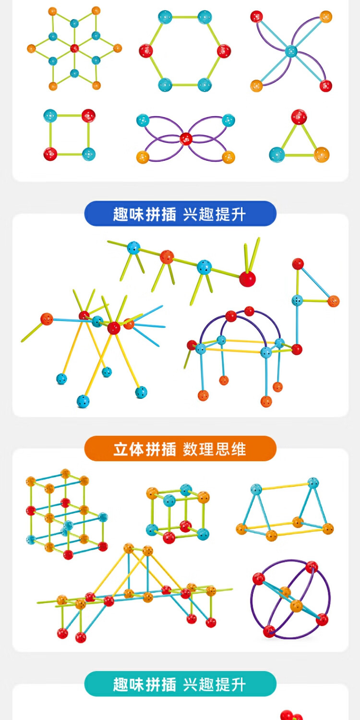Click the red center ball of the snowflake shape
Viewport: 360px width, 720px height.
74,48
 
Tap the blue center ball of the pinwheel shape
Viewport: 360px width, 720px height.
291,50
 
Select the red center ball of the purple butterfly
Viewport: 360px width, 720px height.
186,139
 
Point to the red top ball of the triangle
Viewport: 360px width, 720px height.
299,117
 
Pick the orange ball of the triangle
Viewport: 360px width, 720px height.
322,155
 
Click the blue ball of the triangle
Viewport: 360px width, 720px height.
276,155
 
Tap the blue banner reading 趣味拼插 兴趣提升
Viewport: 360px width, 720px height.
180,214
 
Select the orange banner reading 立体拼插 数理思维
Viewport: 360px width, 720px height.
180,449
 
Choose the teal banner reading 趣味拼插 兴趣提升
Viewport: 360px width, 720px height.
180,684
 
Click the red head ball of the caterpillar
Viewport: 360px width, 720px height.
248,278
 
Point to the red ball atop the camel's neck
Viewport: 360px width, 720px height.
298,264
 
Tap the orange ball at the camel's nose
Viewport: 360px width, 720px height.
333,301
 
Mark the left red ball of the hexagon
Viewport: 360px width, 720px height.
146,50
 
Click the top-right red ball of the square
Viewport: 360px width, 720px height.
88,115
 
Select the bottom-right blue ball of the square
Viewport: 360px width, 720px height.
88,154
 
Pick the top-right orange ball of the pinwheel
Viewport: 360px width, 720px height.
326,16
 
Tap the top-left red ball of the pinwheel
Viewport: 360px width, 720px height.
256,16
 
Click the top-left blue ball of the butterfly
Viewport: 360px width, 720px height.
143,120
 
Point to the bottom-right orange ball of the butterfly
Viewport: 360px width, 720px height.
228,157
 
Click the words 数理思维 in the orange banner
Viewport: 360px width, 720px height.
214,449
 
